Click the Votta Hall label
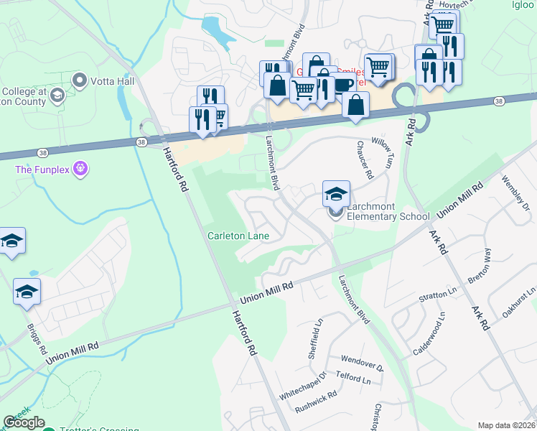coord(112,80)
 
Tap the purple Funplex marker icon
coord(81,169)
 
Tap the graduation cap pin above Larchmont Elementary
coord(336,194)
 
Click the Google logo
coord(24,422)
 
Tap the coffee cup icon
coord(343,84)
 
